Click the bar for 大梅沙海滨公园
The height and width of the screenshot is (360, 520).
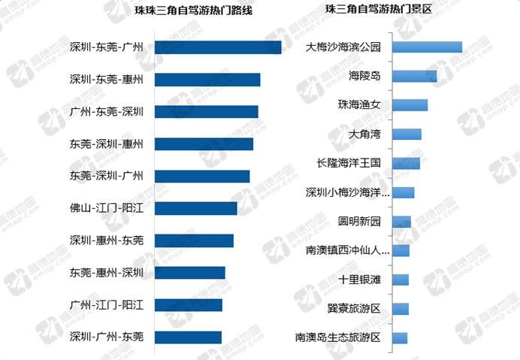[x=427, y=47]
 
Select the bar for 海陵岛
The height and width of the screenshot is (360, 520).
[x=414, y=76]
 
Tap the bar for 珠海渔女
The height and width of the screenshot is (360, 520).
[x=410, y=105]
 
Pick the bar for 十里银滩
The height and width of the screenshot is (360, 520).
[x=401, y=280]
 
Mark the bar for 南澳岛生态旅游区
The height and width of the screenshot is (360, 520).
[x=400, y=337]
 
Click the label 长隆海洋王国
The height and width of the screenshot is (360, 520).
[x=349, y=163]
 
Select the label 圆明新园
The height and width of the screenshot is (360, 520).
[x=360, y=221]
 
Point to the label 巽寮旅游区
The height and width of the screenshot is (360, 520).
[x=355, y=308]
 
